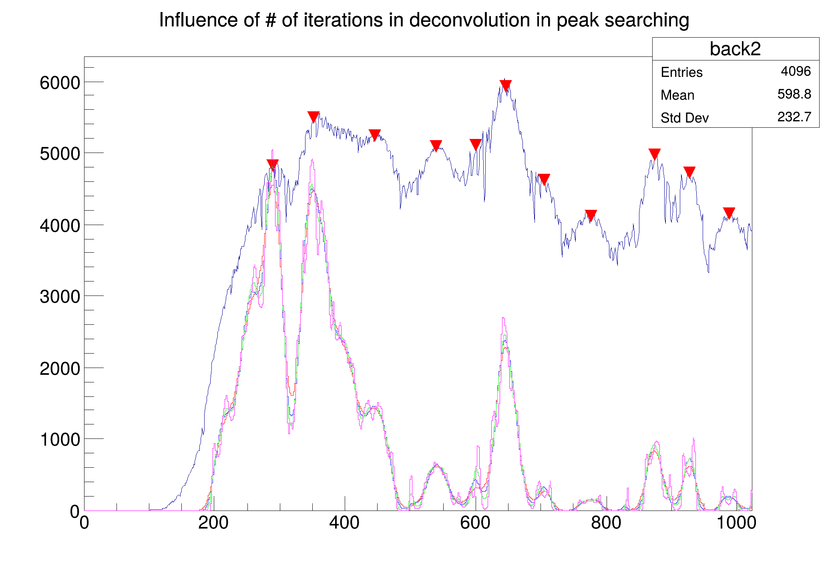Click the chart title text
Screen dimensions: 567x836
coord(424,20)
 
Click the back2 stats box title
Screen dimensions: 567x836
coord(735,49)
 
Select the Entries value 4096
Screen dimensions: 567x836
coord(796,71)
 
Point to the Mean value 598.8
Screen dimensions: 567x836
coord(794,94)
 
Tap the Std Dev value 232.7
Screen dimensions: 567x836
coord(794,117)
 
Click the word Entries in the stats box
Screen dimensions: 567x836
coord(681,72)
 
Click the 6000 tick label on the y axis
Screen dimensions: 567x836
coord(60,83)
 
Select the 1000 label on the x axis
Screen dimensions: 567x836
coord(736,523)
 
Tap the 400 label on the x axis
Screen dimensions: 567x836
coord(344,523)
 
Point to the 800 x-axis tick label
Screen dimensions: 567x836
coord(606,523)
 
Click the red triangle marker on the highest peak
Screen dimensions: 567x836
coord(506,85)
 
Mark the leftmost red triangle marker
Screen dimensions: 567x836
coord(272,165)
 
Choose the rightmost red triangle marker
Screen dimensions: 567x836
coord(729,213)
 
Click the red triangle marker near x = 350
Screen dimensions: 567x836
coord(313,117)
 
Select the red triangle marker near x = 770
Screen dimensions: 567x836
coord(591,215)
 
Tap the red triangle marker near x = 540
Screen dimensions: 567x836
coord(436,145)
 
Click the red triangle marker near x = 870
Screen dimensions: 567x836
coord(654,154)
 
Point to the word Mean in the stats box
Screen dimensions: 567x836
coord(677,95)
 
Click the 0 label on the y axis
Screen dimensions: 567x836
coord(75,511)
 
